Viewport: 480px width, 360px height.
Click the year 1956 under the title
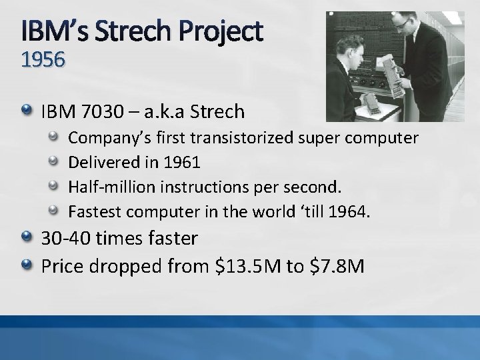tap(43, 61)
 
